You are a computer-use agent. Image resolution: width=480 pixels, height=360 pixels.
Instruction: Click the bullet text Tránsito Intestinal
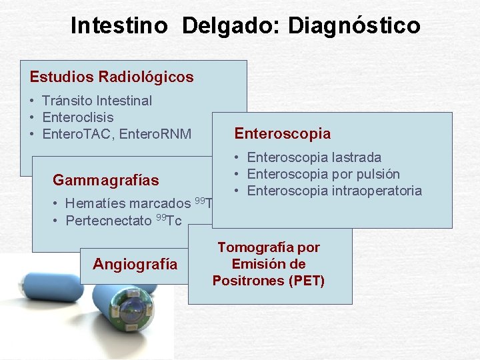[97, 101]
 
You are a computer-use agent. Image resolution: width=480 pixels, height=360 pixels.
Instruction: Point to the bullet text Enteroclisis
[77, 117]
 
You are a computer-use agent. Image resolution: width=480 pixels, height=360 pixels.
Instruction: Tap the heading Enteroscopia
[282, 133]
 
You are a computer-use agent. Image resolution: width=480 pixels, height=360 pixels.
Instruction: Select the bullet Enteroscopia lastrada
[314, 157]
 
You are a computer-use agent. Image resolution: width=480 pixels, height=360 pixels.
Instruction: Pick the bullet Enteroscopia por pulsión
[323, 174]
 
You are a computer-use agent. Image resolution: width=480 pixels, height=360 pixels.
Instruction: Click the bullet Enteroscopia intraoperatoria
[334, 191]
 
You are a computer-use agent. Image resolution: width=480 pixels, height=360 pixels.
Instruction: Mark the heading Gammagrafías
[105, 180]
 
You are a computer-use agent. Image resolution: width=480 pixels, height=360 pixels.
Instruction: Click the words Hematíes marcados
[127, 204]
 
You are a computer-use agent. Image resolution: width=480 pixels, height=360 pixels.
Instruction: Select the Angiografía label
[135, 264]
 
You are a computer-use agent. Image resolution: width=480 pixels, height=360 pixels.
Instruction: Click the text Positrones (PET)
[268, 281]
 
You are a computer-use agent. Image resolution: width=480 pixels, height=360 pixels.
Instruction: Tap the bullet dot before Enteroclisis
[33, 118]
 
